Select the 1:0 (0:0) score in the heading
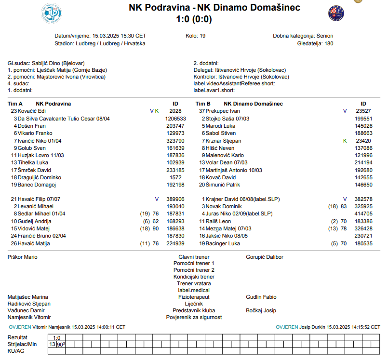(194, 19)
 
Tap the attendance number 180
(329, 43)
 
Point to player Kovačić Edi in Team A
(32, 111)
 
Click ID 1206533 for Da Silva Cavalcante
(175, 119)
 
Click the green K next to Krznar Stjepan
(345, 141)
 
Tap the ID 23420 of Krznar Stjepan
(363, 141)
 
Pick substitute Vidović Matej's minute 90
(155, 229)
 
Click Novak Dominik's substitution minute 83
(344, 206)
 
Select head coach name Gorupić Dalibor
(265, 257)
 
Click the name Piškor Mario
(23, 257)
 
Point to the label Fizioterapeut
(194, 297)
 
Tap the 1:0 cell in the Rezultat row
(57, 338)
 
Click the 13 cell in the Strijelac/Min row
(52, 345)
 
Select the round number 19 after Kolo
(202, 36)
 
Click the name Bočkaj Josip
(261, 311)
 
